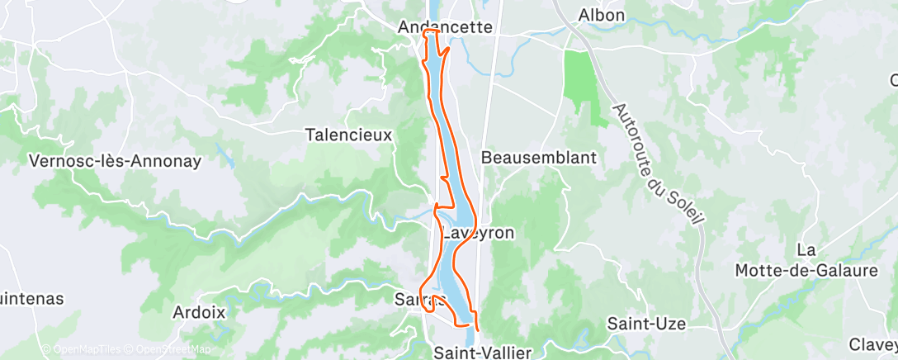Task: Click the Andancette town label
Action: point(445,27)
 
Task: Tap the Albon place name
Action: point(601,15)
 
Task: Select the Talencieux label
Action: point(348,134)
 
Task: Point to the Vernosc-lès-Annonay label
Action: point(116,161)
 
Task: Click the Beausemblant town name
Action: point(538,157)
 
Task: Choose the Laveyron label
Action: point(479,233)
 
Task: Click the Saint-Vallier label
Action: point(483,353)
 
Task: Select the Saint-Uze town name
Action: point(646,324)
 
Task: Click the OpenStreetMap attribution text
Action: point(169,350)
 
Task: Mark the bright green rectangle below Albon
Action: point(580,83)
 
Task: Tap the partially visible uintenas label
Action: point(31,299)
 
